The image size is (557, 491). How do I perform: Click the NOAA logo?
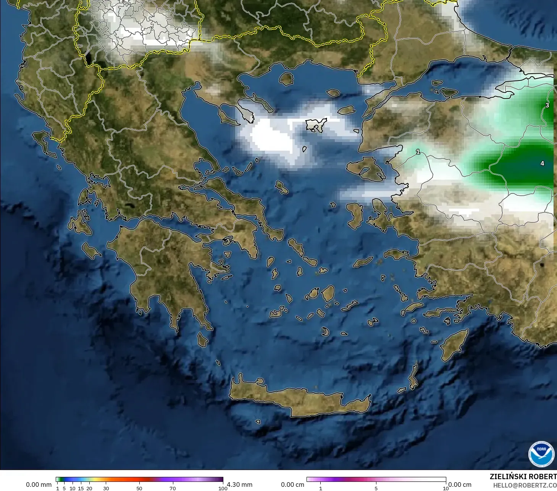click(x=541, y=454)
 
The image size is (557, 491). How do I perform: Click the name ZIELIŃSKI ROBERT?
click(x=523, y=477)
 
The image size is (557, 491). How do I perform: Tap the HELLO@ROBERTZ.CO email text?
click(x=525, y=485)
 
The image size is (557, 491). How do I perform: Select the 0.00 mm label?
click(x=39, y=485)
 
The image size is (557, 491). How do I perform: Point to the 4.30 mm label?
click(x=240, y=485)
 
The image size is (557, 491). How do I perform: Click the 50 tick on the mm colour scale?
click(x=139, y=488)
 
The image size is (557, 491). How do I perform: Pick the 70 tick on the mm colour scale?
click(x=173, y=488)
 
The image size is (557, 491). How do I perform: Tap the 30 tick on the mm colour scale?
click(x=106, y=488)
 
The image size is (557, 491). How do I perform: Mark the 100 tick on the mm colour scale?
click(x=223, y=488)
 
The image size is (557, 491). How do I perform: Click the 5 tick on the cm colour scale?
click(x=376, y=488)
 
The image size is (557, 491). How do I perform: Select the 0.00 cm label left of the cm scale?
click(x=292, y=485)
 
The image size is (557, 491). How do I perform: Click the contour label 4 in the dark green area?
click(x=542, y=163)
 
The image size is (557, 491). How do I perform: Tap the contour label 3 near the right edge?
click(x=547, y=105)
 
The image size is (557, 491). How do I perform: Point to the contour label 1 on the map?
click(x=418, y=152)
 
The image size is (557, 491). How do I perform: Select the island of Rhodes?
click(x=454, y=345)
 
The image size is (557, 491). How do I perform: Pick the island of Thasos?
click(x=286, y=79)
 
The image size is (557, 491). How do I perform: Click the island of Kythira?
click(x=202, y=340)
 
